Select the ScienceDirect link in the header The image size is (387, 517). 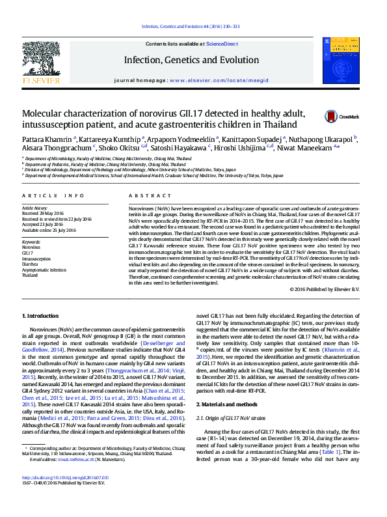click(x=221, y=44)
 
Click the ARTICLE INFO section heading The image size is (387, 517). click(x=53, y=195)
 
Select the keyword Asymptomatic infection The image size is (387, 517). click(x=44, y=270)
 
